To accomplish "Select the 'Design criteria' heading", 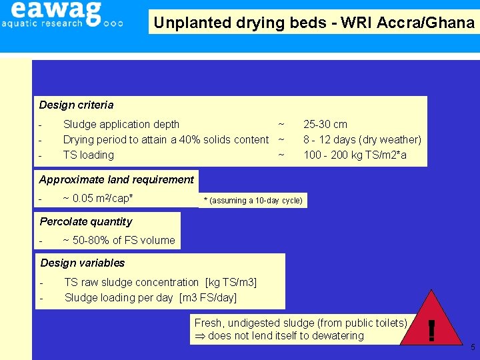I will pos(76,105).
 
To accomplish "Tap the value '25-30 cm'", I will pos(325,124).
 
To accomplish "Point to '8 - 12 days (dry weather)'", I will pos(362,139).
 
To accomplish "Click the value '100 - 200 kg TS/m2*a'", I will pos(355,155).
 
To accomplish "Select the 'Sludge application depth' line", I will pos(121,124).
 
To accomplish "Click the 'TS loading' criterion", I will pos(88,155).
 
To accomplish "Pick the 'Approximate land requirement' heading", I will pos(116,179).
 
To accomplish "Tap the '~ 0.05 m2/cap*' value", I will pos(97,198).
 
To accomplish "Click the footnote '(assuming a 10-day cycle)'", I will pos(253,201).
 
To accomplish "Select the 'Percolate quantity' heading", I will pos(85,221).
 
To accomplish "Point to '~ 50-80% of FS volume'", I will pos(119,240).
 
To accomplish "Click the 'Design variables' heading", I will pos(82,263).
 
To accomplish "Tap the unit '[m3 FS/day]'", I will pos(208,297).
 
